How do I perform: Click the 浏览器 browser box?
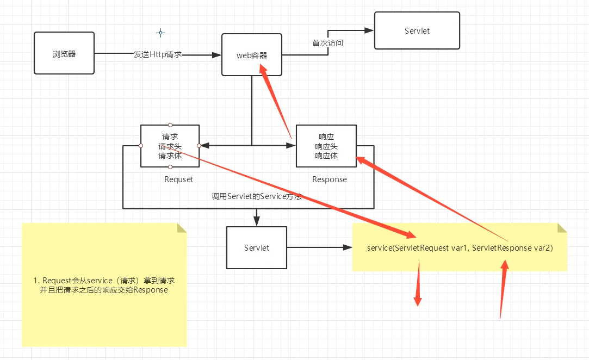click(x=64, y=53)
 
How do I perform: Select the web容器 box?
click(x=252, y=54)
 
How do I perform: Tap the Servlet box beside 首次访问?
click(x=417, y=31)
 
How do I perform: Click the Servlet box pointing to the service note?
click(x=257, y=248)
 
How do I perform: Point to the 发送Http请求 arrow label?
click(x=157, y=55)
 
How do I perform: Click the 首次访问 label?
click(x=327, y=43)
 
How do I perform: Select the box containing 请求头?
click(x=170, y=146)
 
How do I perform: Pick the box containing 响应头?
click(x=326, y=146)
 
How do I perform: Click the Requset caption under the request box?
click(x=178, y=179)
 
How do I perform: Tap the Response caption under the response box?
click(x=330, y=179)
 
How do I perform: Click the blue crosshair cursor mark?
click(x=160, y=33)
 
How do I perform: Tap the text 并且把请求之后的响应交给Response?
click(x=104, y=290)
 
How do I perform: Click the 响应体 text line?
click(x=326, y=156)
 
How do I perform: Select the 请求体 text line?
click(x=170, y=156)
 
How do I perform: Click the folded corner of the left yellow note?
click(x=182, y=227)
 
